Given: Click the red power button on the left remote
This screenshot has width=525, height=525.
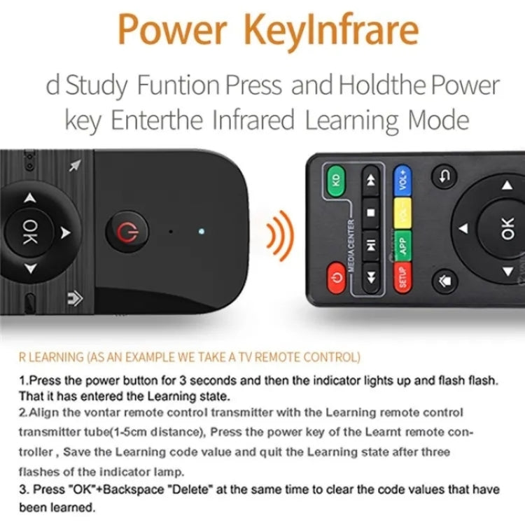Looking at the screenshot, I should point(126,231).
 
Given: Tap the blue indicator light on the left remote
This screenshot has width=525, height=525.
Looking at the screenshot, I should point(201,230).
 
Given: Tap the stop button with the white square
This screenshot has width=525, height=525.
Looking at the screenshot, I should point(371,211).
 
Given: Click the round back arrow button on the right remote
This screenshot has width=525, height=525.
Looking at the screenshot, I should point(444,176).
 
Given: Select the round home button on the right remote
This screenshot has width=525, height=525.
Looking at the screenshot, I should point(444,281).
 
